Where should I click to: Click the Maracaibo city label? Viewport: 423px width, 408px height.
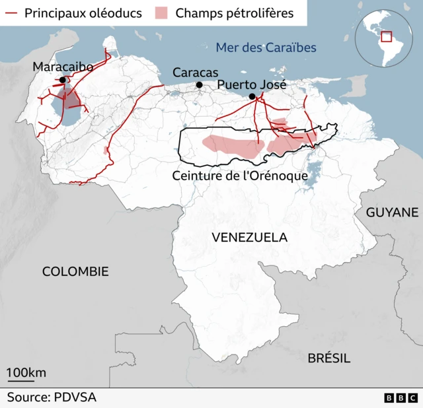point(63,67)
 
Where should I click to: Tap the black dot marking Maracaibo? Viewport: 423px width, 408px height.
point(62,80)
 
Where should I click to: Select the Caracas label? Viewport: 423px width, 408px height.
point(195,73)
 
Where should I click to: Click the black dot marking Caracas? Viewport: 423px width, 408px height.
point(199,85)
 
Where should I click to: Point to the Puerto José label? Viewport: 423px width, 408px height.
point(252,85)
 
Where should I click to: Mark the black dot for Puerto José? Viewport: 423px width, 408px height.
point(252,97)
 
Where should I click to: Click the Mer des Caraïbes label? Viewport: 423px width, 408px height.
point(266,48)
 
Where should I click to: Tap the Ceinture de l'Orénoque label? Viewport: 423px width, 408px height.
point(239,176)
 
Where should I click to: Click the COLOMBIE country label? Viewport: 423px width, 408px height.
point(75,271)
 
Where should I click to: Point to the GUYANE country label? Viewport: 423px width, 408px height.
point(392,212)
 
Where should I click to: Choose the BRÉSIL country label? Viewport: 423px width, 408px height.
point(328,358)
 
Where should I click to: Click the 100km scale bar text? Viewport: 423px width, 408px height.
point(26,372)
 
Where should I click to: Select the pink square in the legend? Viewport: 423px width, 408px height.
point(161,13)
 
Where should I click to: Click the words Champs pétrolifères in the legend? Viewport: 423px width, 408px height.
point(235,13)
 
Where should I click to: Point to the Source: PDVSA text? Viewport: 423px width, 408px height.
point(52,397)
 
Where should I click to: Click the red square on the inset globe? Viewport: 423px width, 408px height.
point(386,37)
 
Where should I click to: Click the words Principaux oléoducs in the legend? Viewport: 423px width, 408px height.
point(83,13)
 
